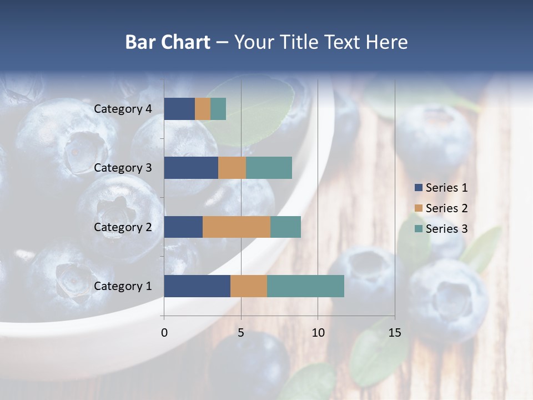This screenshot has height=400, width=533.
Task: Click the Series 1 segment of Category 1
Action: click(197, 286)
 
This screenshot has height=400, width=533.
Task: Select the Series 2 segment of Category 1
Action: click(249, 286)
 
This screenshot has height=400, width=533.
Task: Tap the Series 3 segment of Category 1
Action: click(305, 286)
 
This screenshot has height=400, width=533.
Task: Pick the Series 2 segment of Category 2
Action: click(237, 227)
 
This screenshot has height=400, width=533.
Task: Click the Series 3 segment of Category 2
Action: click(285, 227)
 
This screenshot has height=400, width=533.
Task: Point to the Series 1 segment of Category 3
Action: click(191, 168)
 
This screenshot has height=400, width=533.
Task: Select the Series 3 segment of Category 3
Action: click(269, 168)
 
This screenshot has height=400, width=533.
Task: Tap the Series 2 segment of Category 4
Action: click(203, 109)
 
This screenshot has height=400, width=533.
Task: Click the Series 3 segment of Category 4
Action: click(218, 109)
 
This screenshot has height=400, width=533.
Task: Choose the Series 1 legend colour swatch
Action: click(418, 188)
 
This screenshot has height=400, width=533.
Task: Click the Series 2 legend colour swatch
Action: click(418, 208)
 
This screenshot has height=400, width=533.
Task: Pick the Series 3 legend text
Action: click(446, 229)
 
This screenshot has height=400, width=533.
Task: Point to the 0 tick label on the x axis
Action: click(164, 333)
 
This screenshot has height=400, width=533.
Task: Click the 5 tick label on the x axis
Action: click(241, 333)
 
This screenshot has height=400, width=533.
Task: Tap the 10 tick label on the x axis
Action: click(318, 333)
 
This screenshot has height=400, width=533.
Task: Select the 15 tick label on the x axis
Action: click(395, 333)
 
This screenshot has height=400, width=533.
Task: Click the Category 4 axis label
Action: click(123, 109)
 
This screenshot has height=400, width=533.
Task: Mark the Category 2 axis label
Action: click(123, 227)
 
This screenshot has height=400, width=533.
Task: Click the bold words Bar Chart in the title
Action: click(168, 42)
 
